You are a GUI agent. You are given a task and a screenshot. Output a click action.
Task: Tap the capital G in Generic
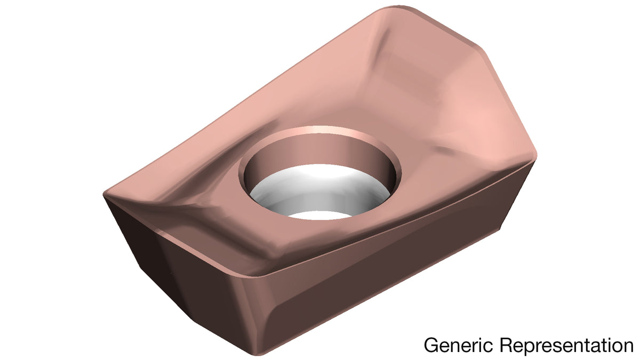tap(431, 345)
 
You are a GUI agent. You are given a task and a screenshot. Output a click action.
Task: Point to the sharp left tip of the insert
tap(103, 195)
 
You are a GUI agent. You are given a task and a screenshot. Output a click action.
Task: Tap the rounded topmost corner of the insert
tap(398, 7)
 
